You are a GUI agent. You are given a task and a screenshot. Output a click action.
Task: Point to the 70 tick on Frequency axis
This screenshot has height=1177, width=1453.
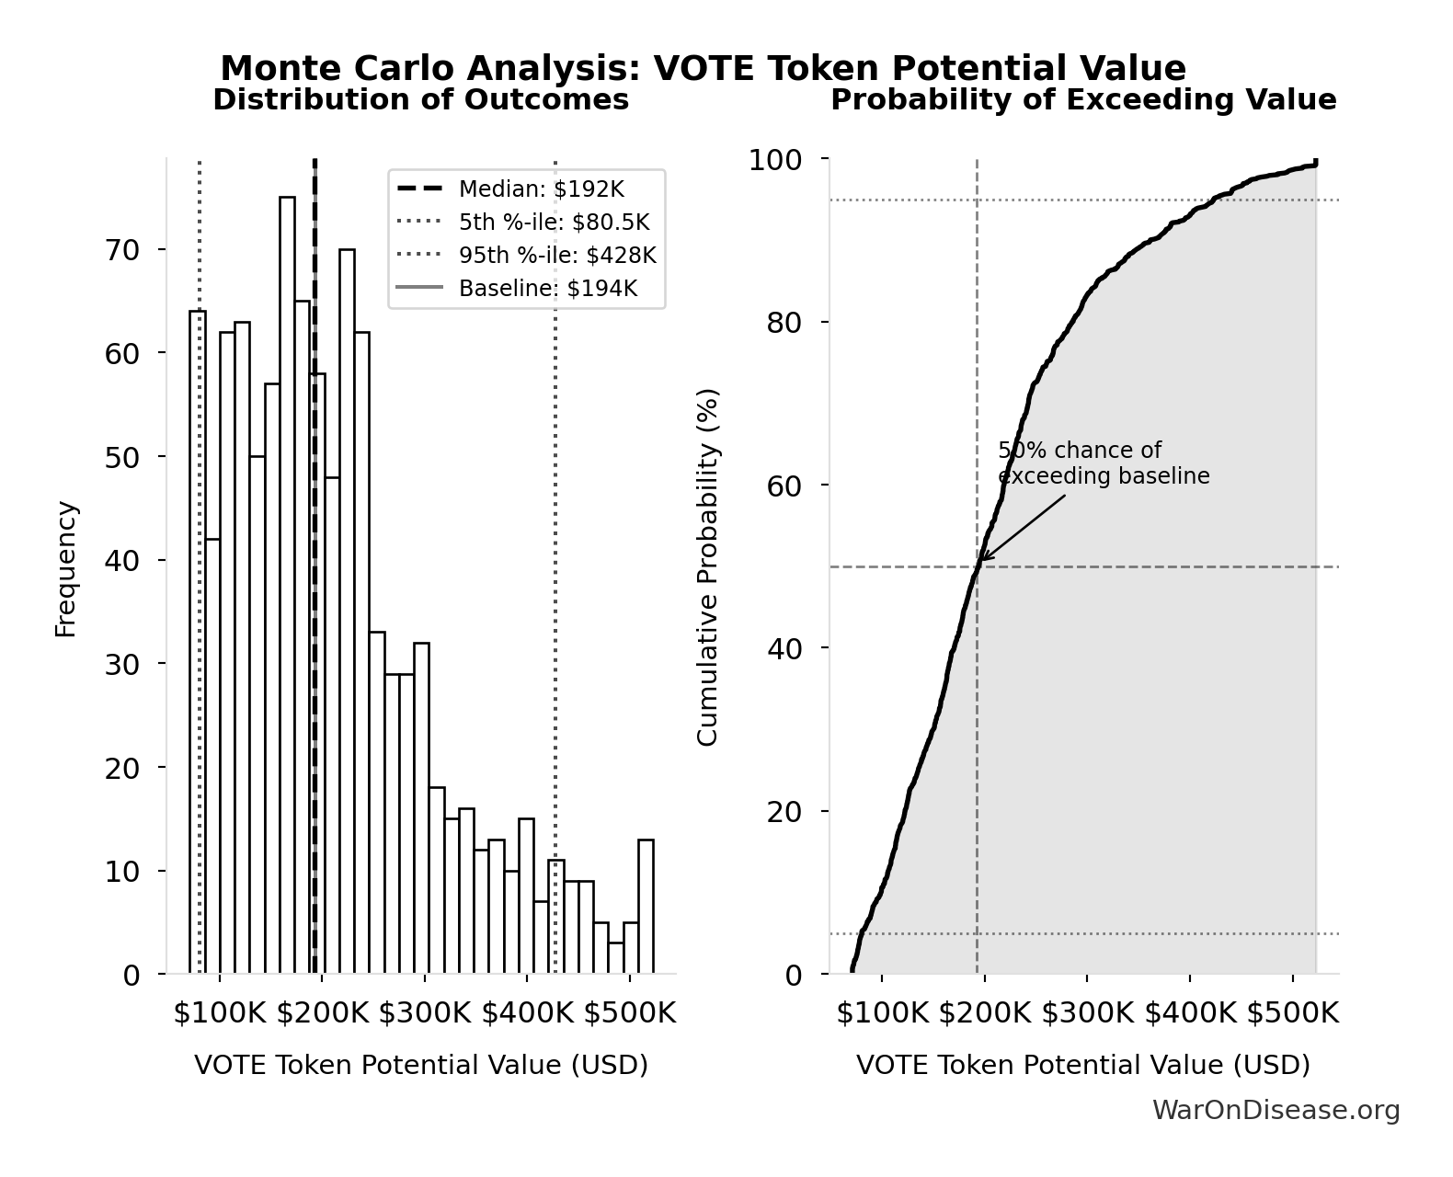pos(121,250)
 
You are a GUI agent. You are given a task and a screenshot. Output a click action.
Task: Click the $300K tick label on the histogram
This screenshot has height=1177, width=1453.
pos(425,1014)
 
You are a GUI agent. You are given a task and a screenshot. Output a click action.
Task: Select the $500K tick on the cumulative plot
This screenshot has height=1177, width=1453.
pos(1292,1014)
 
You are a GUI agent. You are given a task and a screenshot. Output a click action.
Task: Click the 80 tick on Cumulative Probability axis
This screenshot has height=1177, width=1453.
pos(784,323)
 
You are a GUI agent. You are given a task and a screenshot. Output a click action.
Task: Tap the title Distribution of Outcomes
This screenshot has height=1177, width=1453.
pos(421,99)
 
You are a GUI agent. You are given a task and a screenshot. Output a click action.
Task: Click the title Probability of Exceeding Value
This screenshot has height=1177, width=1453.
pos(1083,99)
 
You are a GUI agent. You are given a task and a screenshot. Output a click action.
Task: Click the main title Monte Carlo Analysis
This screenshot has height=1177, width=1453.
pos(704,68)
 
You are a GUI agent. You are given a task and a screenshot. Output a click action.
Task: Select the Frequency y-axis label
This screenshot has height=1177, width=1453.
pos(66,568)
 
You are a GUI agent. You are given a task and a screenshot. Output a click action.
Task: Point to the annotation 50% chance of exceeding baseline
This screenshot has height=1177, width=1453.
pos(1103,463)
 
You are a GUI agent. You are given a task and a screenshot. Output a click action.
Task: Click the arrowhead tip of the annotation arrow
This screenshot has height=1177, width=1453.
pos(980,559)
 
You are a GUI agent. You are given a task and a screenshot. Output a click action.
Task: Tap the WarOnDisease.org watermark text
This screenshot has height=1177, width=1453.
pos(1276,1111)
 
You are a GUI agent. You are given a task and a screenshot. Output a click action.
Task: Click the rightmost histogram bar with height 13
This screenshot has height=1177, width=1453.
pos(646,907)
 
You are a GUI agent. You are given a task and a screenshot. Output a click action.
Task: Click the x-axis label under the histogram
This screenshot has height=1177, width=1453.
pos(421,1065)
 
